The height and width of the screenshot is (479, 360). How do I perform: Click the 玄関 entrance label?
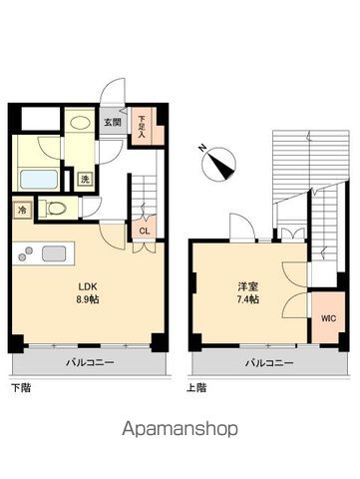coord(112,123)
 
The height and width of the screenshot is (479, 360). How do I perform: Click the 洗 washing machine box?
coord(86,181)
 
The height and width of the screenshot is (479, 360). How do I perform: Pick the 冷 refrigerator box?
coord(22,211)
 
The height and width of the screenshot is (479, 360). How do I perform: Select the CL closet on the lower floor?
coord(145,231)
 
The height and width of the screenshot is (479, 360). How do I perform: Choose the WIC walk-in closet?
coord(328,318)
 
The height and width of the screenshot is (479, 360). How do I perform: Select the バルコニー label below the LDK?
coord(91,362)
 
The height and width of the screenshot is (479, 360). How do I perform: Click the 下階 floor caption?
coord(20,386)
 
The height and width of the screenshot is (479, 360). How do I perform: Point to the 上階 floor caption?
coord(196,386)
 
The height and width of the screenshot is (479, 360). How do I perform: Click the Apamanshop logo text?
coord(180,431)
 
